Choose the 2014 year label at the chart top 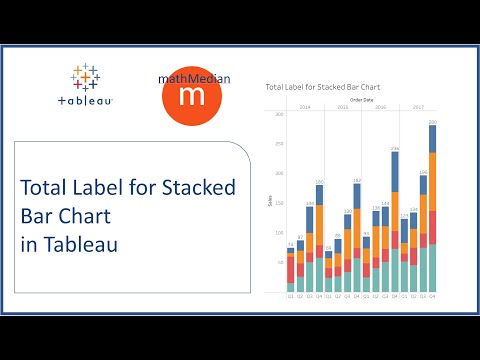pos(304,106)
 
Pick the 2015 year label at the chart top pos(343,106)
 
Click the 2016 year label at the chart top pos(381,106)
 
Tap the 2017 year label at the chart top pos(419,106)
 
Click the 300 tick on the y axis pos(279,115)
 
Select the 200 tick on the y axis pos(279,174)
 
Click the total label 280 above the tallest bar pos(433,123)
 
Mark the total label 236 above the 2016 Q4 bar pos(395,149)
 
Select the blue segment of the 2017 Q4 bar pos(433,140)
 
